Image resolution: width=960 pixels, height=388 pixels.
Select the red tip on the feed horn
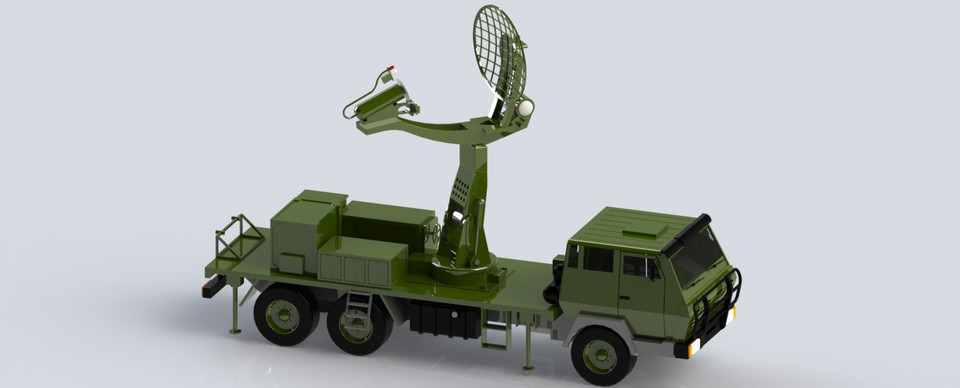(392, 69)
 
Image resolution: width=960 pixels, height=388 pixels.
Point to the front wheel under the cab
(602, 354)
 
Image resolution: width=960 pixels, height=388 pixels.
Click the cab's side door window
(636, 266)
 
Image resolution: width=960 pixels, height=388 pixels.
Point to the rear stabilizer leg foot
(235, 329)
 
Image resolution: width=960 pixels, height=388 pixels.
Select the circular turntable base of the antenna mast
(464, 268)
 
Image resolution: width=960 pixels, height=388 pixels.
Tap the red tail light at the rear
(208, 288)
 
